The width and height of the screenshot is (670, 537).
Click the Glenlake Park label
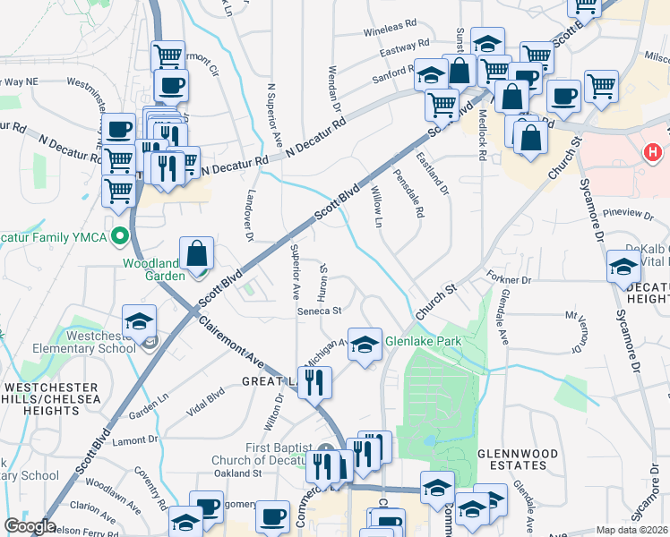tap(423, 341)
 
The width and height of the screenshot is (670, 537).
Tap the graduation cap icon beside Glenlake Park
tap(364, 345)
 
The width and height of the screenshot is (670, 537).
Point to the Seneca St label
tap(321, 311)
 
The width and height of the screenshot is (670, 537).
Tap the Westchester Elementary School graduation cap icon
tap(139, 322)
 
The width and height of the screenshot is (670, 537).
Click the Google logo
tap(30, 526)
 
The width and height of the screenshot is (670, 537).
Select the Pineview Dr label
tap(623, 213)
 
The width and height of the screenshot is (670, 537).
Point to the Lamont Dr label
tap(134, 439)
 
